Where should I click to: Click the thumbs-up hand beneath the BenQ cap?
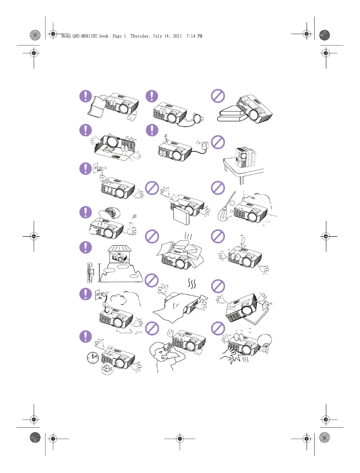(x=133, y=229)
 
